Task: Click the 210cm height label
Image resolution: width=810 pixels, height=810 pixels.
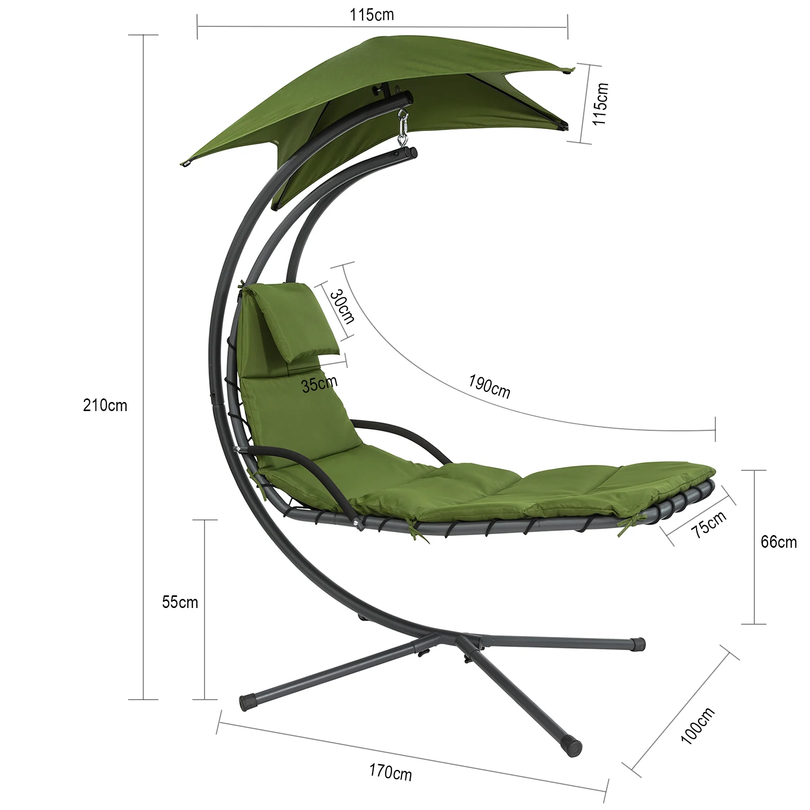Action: (105, 406)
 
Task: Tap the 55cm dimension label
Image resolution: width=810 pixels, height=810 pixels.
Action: (180, 602)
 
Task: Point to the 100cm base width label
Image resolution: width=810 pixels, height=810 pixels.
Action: (698, 725)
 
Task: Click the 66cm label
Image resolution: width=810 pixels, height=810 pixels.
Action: (779, 542)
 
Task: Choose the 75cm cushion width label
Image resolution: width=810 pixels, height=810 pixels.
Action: (709, 524)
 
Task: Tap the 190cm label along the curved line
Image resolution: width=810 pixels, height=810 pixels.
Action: (489, 386)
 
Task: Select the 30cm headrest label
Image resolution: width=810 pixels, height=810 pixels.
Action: (342, 306)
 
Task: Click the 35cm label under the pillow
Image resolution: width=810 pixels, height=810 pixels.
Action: (319, 384)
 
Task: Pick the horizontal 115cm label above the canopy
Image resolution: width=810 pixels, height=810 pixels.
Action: (372, 15)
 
